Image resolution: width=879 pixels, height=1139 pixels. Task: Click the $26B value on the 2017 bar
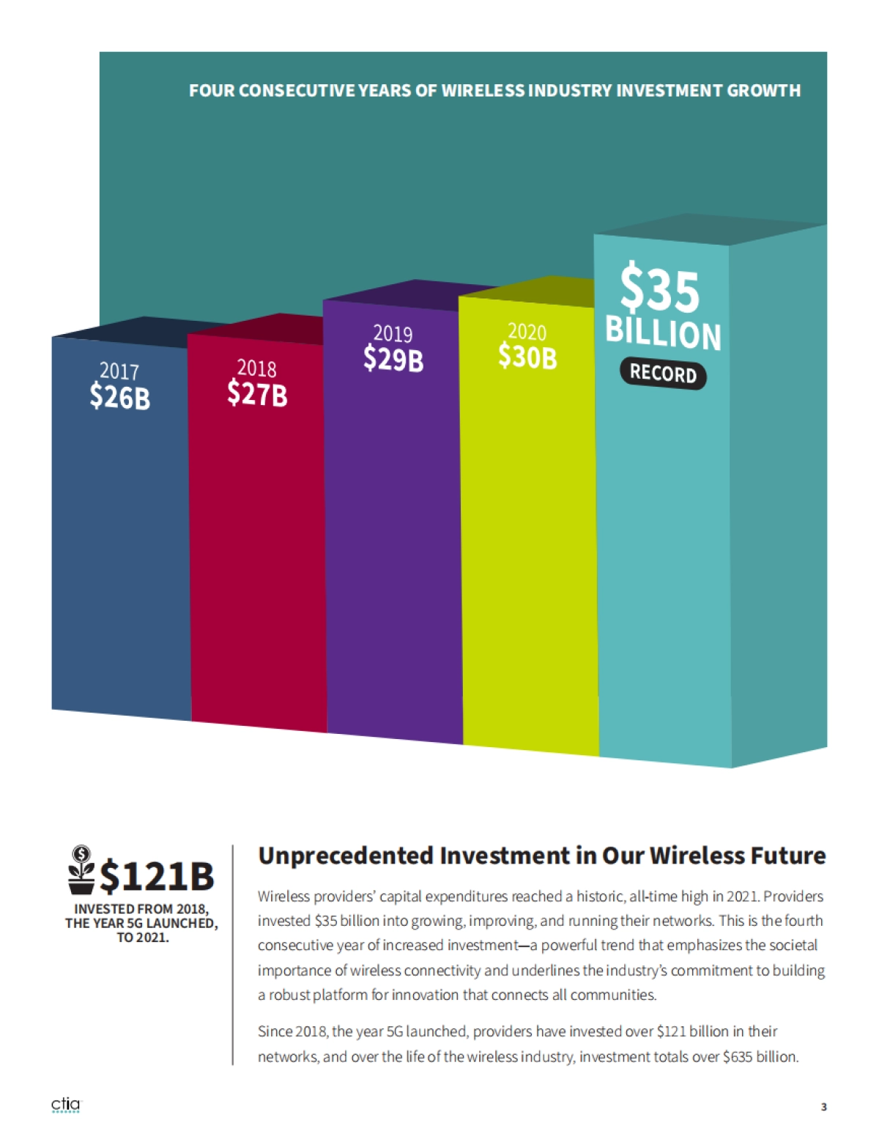pyautogui.click(x=119, y=397)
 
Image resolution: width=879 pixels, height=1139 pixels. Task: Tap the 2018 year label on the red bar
pyautogui.click(x=256, y=368)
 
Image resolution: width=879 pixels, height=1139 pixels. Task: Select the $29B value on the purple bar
pyautogui.click(x=393, y=359)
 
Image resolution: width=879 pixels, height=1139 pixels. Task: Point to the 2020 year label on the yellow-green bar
pyautogui.click(x=527, y=332)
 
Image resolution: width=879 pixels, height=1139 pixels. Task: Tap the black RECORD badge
pyautogui.click(x=663, y=374)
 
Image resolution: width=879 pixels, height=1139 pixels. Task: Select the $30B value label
pyautogui.click(x=527, y=357)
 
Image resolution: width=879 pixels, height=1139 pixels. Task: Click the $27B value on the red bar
pyautogui.click(x=256, y=394)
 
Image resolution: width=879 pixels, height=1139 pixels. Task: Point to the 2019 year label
pyautogui.click(x=393, y=334)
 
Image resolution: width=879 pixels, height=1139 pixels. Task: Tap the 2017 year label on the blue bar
pyautogui.click(x=119, y=371)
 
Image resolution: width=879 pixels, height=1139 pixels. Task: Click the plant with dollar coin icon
pyautogui.click(x=81, y=870)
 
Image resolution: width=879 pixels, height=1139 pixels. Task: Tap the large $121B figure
pyautogui.click(x=157, y=876)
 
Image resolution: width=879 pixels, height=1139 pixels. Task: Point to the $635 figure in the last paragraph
pyautogui.click(x=738, y=1057)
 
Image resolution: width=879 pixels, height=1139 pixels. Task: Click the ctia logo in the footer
pyautogui.click(x=66, y=1105)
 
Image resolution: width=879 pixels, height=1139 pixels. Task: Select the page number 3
pyautogui.click(x=823, y=1107)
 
